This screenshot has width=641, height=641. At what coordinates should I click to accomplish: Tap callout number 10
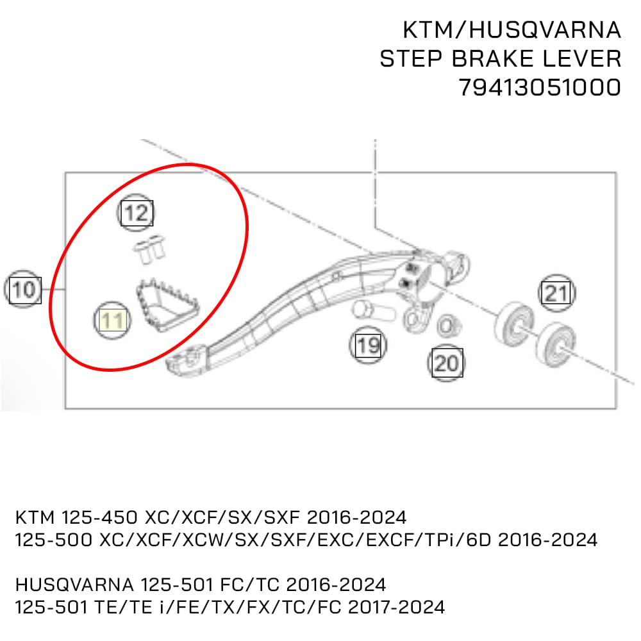coord(24,290)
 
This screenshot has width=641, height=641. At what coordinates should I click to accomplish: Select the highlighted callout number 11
coord(113,319)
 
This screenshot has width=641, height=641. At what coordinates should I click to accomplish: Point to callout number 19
coord(368,347)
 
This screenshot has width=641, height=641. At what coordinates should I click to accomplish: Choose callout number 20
coord(447,363)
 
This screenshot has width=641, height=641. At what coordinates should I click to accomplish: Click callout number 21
coord(556,294)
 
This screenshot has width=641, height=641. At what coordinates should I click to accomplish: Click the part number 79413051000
coord(540,87)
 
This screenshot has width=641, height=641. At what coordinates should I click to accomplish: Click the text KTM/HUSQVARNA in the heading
coord(512,29)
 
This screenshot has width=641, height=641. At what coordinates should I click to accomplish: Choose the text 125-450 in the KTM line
coord(98,517)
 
